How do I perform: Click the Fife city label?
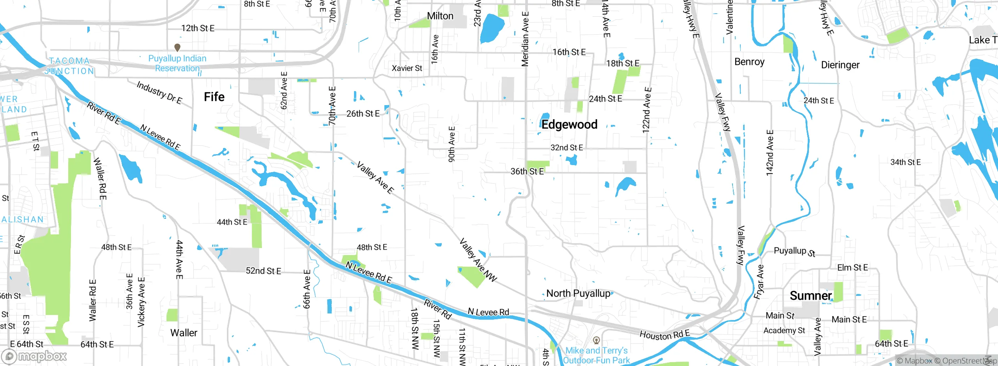pos(214,97)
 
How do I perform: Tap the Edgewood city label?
pos(569,125)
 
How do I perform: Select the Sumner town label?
pos(810,296)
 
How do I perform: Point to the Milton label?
pos(440,16)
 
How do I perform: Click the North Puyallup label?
pos(578,293)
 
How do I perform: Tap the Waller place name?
pos(184,333)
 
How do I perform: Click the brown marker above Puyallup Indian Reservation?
pos(177,48)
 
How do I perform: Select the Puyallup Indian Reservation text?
pos(177,63)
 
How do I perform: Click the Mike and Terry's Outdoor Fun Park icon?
pos(596,341)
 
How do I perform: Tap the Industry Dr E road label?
pos(159,93)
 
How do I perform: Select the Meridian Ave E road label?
pos(525,39)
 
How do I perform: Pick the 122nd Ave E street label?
pos(647,110)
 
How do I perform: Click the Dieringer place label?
pos(840,65)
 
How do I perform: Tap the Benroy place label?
pos(749,62)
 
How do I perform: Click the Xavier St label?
pos(407,68)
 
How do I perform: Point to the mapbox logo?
pos(34,356)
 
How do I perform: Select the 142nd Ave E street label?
pos(770,153)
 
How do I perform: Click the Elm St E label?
pos(853,267)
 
